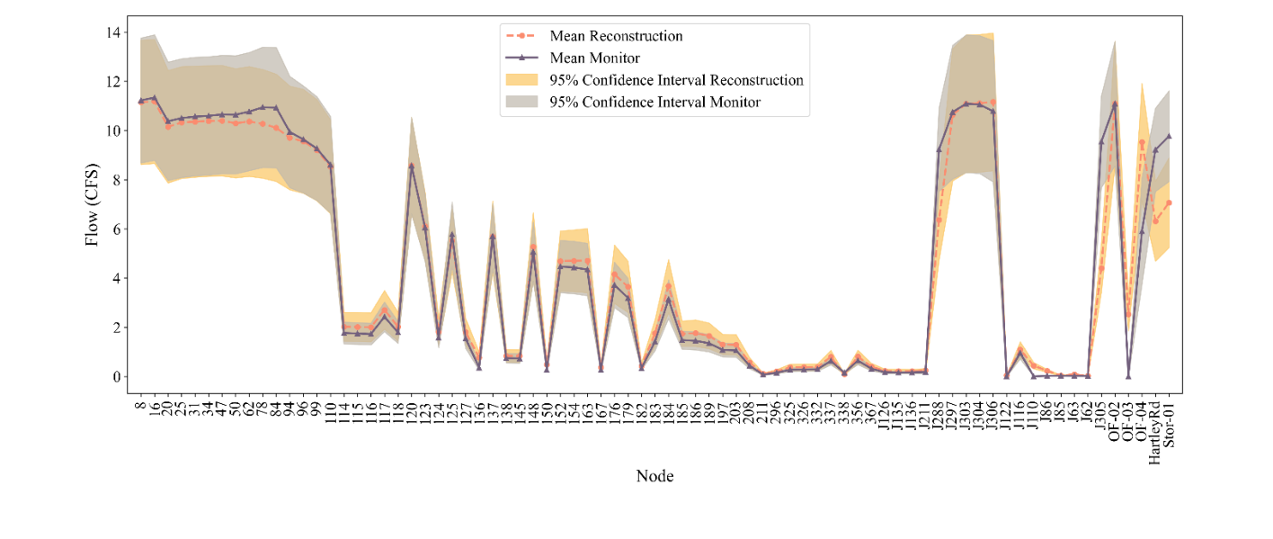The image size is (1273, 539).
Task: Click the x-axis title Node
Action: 654,476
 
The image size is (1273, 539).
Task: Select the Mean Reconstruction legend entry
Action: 616,36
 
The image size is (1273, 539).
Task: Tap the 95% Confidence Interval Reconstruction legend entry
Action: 676,80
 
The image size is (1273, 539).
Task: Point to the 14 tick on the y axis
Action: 113,32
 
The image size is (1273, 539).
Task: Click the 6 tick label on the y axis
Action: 117,229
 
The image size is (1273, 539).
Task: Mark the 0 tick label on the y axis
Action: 117,377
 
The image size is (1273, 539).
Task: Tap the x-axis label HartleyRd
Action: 1155,431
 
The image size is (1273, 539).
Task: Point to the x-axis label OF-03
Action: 1128,418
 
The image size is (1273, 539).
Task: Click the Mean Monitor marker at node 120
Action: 412,166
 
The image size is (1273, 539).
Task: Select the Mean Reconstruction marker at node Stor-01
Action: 1169,202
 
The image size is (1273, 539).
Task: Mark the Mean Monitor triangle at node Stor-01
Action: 1169,136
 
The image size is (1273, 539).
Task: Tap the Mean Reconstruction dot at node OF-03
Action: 1128,315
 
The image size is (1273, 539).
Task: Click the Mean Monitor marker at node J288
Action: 939,149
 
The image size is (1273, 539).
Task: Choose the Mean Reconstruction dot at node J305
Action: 1101,268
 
